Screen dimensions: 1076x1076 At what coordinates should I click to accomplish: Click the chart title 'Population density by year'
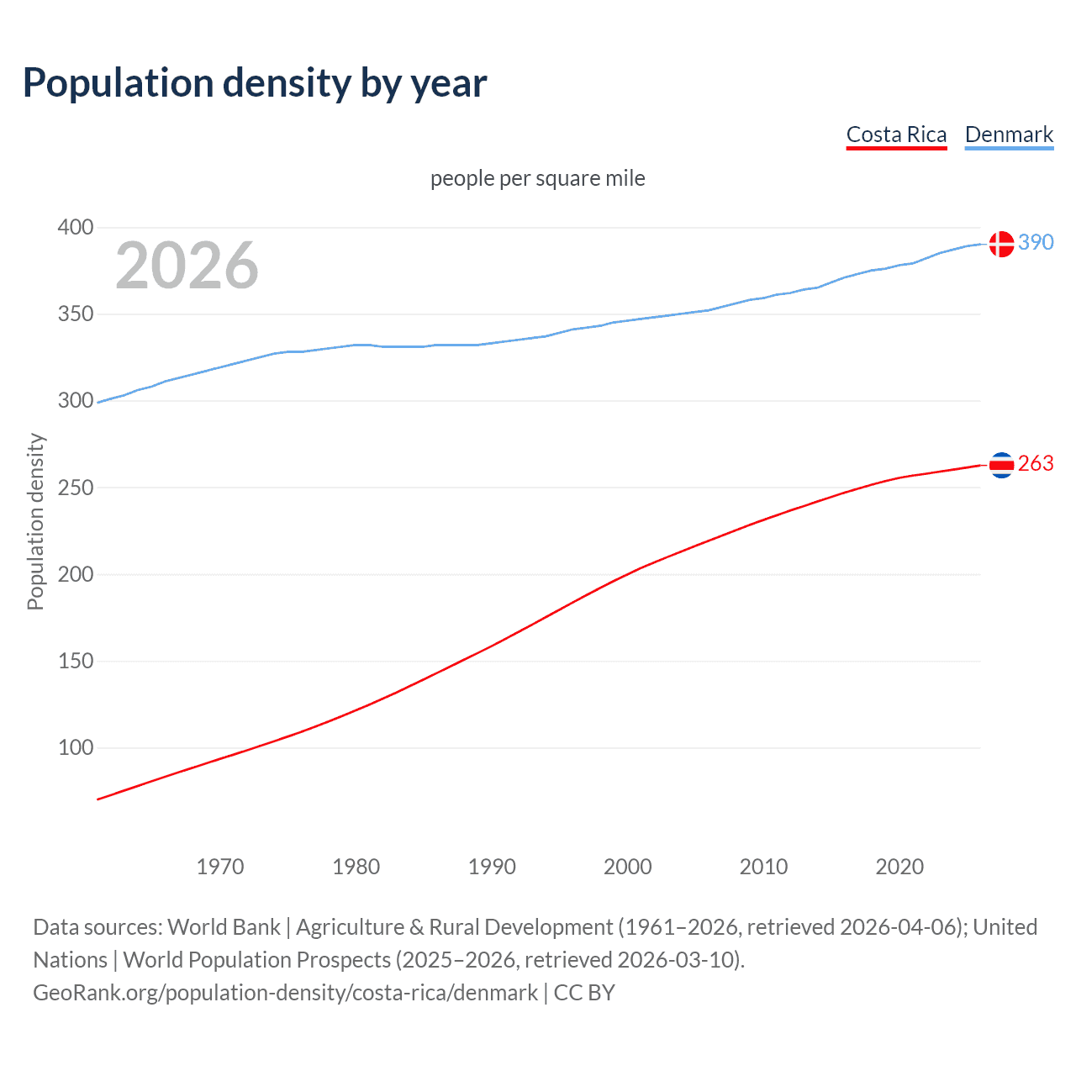[255, 83]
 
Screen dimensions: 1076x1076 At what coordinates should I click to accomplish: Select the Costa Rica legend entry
[896, 134]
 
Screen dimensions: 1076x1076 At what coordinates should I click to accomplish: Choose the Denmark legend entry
[1009, 134]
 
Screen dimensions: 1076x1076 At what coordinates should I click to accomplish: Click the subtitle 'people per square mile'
[537, 178]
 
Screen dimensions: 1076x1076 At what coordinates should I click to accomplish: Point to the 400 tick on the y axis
[76, 227]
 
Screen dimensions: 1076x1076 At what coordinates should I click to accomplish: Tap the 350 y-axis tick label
[76, 314]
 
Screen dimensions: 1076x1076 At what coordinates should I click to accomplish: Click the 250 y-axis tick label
[76, 488]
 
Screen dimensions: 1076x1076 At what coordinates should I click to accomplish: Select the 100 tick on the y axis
[76, 747]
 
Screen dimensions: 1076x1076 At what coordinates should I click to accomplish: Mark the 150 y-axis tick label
[76, 661]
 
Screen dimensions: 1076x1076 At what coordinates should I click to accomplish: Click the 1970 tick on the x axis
[220, 867]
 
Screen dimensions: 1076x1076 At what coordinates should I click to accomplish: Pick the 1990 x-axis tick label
[492, 867]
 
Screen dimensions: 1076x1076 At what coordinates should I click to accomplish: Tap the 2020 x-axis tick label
[899, 867]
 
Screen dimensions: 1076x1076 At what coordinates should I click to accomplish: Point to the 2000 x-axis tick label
[628, 867]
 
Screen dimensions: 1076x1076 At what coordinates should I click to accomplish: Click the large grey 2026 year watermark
[187, 266]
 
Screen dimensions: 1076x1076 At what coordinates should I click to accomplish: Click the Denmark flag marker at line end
[1001, 244]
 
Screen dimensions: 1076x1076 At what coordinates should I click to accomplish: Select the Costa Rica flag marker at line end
[1001, 464]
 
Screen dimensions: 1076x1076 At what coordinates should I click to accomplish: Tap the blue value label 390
[1036, 242]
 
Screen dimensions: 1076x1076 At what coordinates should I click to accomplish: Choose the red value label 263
[1036, 463]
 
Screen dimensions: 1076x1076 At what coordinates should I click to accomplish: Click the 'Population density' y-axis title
[35, 521]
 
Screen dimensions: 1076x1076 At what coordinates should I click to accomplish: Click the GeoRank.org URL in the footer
[286, 993]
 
